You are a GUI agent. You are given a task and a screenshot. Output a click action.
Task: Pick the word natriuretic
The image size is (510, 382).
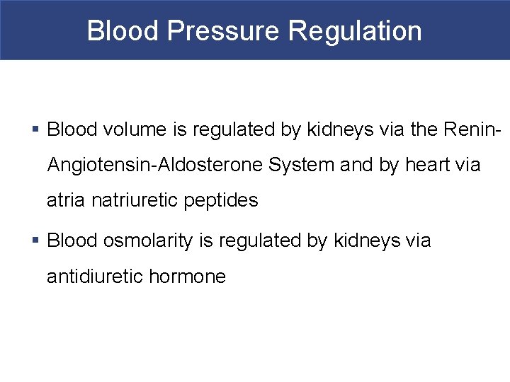[x=136, y=201]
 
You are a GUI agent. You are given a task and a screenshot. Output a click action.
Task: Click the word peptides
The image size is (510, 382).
[x=221, y=201]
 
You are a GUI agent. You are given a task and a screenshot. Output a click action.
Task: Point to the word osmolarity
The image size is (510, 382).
[x=147, y=241]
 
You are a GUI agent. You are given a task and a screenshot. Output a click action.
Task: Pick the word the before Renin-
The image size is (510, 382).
[x=421, y=129]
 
